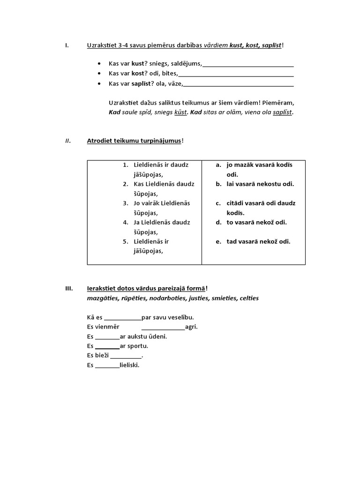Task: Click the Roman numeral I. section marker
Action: coord(67,45)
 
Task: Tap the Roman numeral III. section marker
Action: coord(68,288)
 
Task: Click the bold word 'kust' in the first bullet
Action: coord(137,64)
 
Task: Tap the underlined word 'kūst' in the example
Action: coord(180,112)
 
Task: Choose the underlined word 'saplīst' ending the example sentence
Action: coord(282,112)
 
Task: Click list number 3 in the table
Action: coord(126,203)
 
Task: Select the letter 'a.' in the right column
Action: coord(218,165)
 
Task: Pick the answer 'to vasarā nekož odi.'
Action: coord(256,222)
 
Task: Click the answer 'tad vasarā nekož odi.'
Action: coord(258,241)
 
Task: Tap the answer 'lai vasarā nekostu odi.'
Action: coord(260,184)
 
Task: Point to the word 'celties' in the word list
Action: coord(248,298)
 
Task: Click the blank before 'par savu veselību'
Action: coord(122,318)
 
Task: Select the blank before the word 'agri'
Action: coord(163,327)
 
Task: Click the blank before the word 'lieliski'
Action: coord(107,366)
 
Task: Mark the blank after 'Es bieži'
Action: coord(125,356)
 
